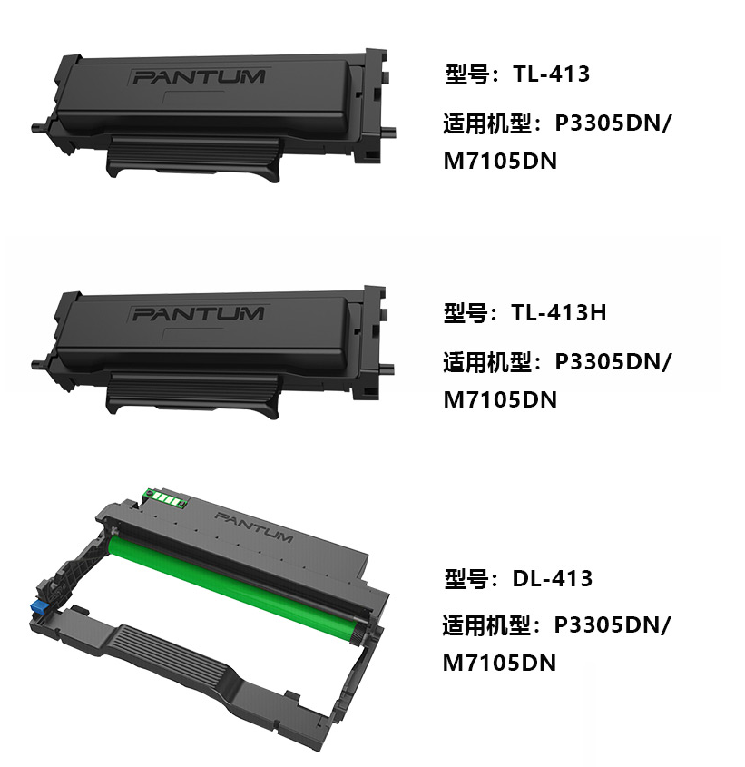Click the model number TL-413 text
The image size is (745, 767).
(552, 74)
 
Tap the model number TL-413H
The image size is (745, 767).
(559, 312)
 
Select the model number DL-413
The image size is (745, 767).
(553, 579)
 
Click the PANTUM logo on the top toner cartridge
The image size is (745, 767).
(199, 77)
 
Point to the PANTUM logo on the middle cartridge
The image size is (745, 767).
(198, 313)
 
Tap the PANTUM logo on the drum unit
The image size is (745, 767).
(254, 527)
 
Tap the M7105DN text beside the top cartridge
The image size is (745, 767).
(500, 161)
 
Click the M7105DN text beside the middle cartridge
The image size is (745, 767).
(500, 399)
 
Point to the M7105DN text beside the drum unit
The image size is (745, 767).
(499, 663)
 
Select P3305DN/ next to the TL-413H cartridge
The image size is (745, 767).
(613, 362)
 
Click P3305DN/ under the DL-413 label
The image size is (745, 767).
(613, 625)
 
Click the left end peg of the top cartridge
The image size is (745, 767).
(39, 127)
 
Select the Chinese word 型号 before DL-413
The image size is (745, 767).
(466, 579)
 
